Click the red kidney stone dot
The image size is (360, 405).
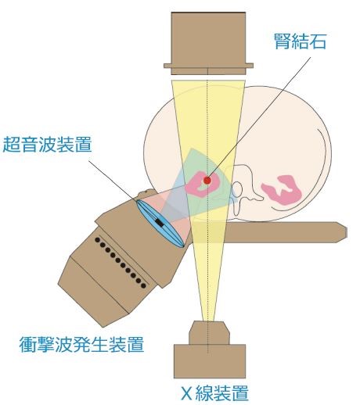pos(207,180)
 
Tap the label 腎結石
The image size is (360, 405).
pos(300,41)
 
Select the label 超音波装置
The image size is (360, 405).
pos(47,144)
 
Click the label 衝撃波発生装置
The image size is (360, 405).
pos(81,344)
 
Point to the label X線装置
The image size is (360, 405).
pos(214,393)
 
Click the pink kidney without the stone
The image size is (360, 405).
pos(282,190)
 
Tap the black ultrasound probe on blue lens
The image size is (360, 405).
pos(160,223)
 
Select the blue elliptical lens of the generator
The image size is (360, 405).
pos(160,224)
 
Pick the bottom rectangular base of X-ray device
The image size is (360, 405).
pos(210,361)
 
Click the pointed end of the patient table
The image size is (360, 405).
pos(347,232)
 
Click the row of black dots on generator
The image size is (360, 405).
pos(121,263)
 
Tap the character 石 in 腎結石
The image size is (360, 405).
pos(318,41)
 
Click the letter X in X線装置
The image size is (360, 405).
pos(186,393)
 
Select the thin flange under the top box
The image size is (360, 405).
pos(208,66)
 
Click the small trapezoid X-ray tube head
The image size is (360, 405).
pos(209,333)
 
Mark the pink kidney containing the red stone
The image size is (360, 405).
pos(203,184)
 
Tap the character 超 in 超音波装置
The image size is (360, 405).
pos(11,144)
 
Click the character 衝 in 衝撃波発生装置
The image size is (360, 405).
pos(27,344)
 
